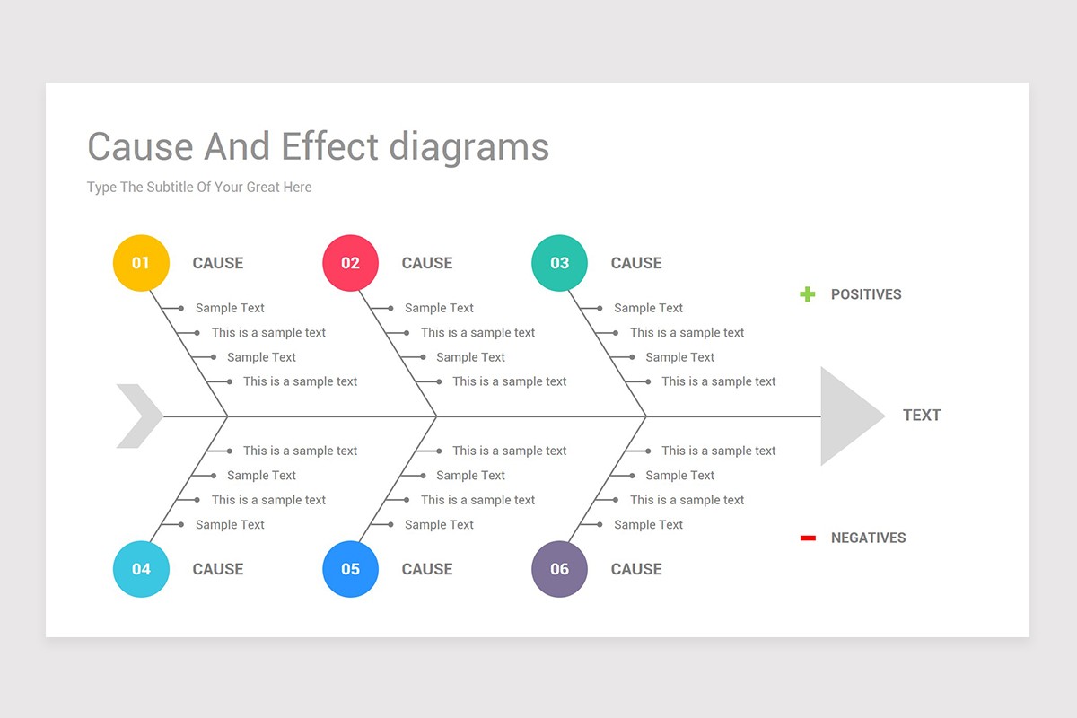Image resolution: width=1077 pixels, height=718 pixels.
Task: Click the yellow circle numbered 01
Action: point(141,263)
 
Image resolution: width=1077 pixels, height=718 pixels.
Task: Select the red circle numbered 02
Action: point(350,263)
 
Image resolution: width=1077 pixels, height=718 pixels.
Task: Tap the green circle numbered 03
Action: point(559,263)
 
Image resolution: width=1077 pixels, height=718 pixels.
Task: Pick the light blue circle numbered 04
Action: point(141,569)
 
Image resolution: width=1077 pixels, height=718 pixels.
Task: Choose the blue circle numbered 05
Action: point(350,569)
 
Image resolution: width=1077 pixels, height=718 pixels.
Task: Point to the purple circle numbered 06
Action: point(559,569)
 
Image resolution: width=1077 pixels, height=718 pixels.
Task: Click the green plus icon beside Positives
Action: point(808,294)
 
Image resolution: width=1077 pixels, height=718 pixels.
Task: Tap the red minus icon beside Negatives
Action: point(808,538)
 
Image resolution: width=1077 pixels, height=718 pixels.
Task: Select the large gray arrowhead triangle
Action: point(845,416)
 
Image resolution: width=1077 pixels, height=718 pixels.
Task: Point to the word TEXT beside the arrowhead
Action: point(922,416)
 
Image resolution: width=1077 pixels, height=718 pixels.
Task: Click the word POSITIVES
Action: point(866,294)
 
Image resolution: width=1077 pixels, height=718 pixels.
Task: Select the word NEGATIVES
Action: point(868,538)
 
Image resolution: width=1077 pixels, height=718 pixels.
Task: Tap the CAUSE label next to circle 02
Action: point(427,263)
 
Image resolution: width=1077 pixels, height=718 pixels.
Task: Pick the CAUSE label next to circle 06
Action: point(636,569)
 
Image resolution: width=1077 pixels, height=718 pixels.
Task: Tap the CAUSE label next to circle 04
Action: point(218,569)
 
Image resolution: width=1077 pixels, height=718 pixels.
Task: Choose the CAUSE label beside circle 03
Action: point(636,263)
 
